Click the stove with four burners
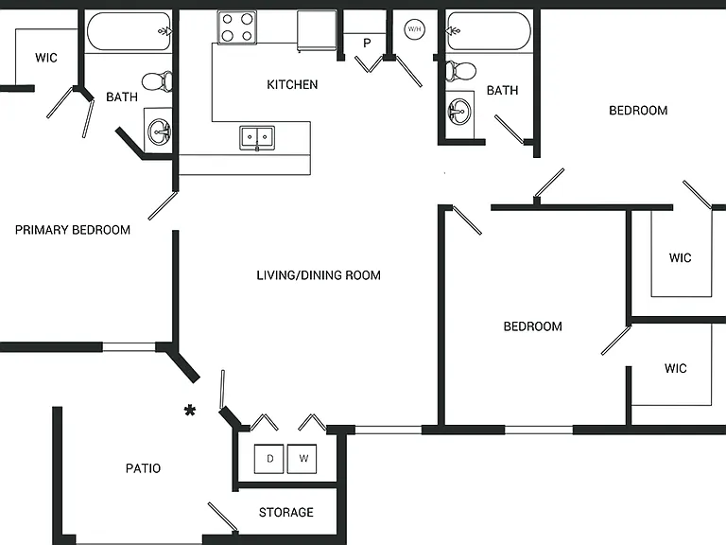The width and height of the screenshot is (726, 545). pyautogui.click(x=236, y=27)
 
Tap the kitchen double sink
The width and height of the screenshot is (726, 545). pyautogui.click(x=257, y=137)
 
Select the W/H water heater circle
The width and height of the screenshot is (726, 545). pyautogui.click(x=414, y=29)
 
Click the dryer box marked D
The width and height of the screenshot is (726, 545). pyautogui.click(x=269, y=459)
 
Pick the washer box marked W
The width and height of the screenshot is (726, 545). pyautogui.click(x=302, y=459)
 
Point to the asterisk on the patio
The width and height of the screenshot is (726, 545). pyautogui.click(x=190, y=411)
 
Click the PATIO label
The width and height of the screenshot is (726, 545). pyautogui.click(x=143, y=468)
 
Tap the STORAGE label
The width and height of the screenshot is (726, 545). pyautogui.click(x=286, y=512)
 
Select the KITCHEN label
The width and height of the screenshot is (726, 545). pyautogui.click(x=292, y=84)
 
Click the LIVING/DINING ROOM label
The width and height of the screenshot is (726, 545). pyautogui.click(x=319, y=275)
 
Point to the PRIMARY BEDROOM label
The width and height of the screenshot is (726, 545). pyautogui.click(x=73, y=230)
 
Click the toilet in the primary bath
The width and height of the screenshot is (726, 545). pyautogui.click(x=157, y=81)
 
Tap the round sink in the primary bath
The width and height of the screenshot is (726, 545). pyautogui.click(x=159, y=132)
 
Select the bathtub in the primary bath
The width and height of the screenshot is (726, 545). pyautogui.click(x=129, y=31)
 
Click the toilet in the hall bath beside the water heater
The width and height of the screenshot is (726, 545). pyautogui.click(x=460, y=71)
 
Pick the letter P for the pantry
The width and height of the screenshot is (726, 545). pyautogui.click(x=367, y=44)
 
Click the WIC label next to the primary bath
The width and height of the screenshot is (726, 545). pyautogui.click(x=46, y=58)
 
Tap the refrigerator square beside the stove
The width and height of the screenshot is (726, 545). pyautogui.click(x=317, y=30)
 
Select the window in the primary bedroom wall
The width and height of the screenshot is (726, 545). pyautogui.click(x=129, y=346)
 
